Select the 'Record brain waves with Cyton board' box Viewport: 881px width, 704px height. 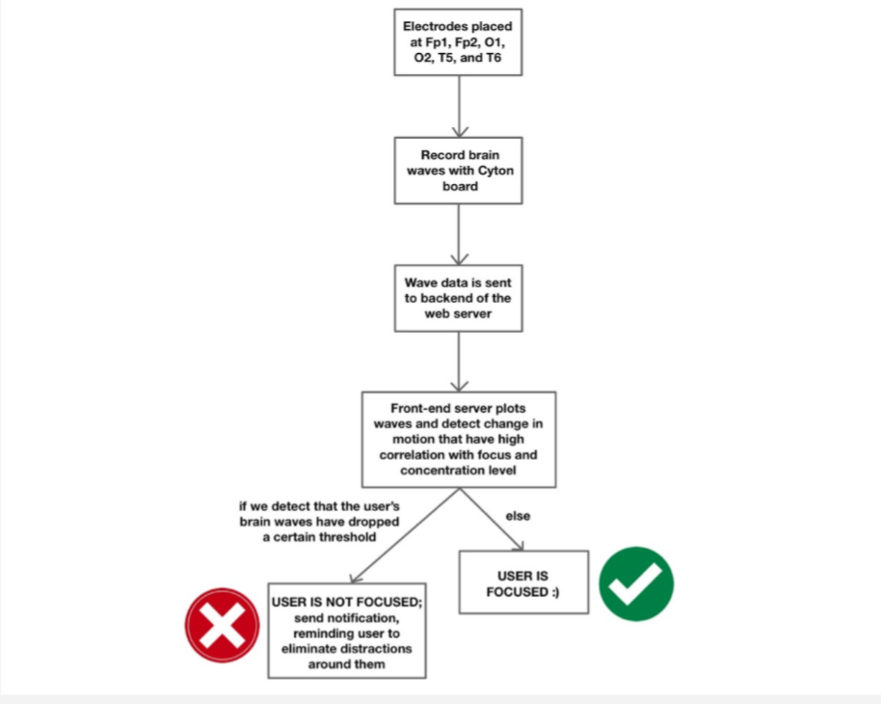pyautogui.click(x=458, y=171)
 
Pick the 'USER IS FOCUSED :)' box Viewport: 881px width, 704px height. pyautogui.click(x=523, y=582)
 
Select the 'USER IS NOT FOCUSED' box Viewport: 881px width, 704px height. pyautogui.click(x=347, y=631)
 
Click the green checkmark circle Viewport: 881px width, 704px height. pyautogui.click(x=636, y=582)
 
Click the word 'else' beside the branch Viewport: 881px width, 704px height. pyautogui.click(x=519, y=516)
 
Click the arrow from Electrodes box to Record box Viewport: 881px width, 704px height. pyautogui.click(x=459, y=106)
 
